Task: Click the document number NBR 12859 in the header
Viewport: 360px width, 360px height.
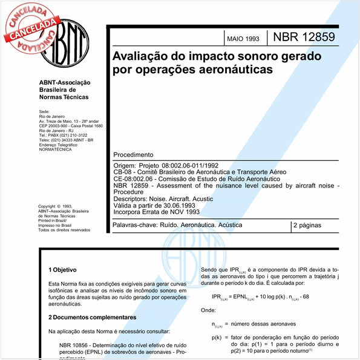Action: pos(304,37)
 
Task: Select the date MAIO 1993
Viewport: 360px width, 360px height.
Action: pos(243,39)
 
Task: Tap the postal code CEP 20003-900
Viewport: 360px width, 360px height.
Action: pos(53,125)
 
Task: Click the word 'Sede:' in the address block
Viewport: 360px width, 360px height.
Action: pos(44,112)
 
